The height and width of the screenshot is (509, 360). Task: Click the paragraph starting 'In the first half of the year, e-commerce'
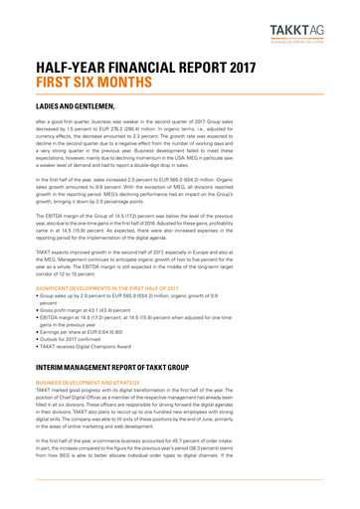(x=179, y=488)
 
